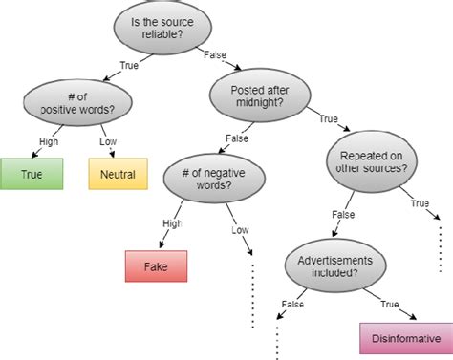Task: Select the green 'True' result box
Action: point(32,175)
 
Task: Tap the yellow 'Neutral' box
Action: point(119,175)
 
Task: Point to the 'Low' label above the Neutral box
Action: point(108,141)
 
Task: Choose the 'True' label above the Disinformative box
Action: point(391,305)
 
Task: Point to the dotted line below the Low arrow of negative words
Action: point(253,296)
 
